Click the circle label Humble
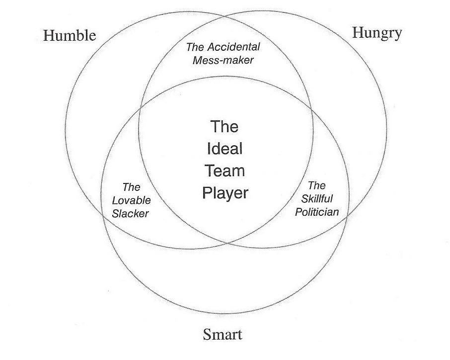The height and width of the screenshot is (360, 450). pyautogui.click(x=70, y=35)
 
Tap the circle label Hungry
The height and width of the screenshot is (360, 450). pyautogui.click(x=376, y=33)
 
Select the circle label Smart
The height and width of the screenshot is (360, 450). pyautogui.click(x=223, y=335)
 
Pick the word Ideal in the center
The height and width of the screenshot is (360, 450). pyautogui.click(x=225, y=149)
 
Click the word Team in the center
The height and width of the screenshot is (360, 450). pyautogui.click(x=225, y=171)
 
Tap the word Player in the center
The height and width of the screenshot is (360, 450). pyautogui.click(x=225, y=193)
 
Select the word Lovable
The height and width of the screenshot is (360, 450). pyautogui.click(x=131, y=200)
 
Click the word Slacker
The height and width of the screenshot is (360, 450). pyautogui.click(x=131, y=213)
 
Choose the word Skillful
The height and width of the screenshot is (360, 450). pyautogui.click(x=317, y=198)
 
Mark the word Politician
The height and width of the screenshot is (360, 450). pyautogui.click(x=317, y=212)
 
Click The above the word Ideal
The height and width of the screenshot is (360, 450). pyautogui.click(x=225, y=126)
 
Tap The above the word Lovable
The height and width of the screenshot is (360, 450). pyautogui.click(x=131, y=187)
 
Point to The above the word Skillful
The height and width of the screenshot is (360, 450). pyautogui.click(x=317, y=186)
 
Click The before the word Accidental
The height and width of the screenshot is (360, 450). pyautogui.click(x=194, y=48)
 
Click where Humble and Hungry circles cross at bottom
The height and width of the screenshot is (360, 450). pyautogui.click(x=227, y=243)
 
